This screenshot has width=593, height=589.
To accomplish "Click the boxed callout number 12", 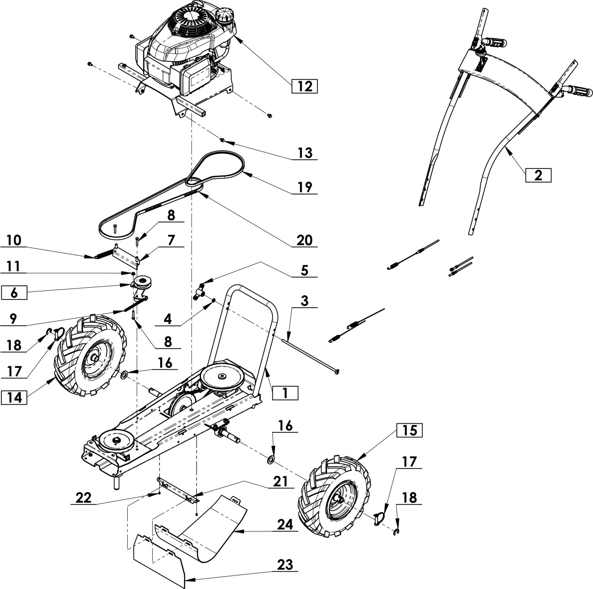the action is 304,86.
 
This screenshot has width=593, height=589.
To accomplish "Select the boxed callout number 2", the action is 538,175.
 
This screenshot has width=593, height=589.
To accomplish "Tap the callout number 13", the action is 305,153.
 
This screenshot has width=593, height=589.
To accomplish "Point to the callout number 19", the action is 305,187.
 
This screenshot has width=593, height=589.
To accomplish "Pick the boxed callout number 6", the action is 14,293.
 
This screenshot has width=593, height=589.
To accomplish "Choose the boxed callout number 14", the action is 14,397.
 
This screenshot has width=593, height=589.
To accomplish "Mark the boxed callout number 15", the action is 409,431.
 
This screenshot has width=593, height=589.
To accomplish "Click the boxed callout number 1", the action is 285,393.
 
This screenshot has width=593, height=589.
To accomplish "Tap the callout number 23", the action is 285,565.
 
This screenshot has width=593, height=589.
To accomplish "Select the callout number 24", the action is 285,524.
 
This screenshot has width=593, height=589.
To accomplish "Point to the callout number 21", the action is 280,482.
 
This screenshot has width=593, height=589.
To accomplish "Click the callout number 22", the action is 83,498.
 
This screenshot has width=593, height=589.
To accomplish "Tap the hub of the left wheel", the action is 95,358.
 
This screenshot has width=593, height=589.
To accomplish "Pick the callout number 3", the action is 304,301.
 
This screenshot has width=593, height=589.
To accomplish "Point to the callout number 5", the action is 304,270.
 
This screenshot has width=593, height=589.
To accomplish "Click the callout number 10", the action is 14,240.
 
